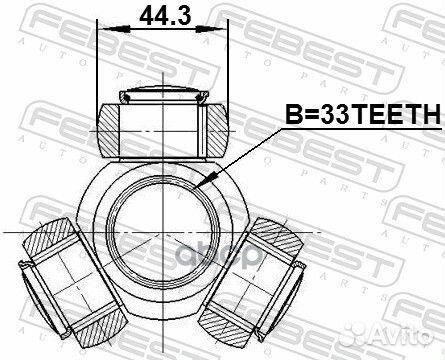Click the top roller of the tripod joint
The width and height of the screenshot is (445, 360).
[x=161, y=125]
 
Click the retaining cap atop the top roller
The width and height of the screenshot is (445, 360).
[x=161, y=97]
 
